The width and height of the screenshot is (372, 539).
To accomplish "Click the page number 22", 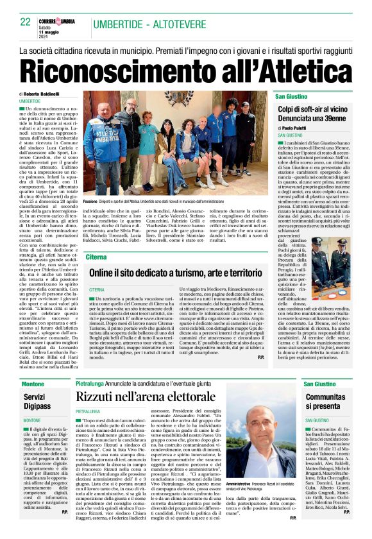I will click(x=26, y=21).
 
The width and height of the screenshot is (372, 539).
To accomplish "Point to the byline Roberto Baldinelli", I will click(x=43, y=94).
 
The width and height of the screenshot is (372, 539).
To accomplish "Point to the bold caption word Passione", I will click(x=94, y=201).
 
